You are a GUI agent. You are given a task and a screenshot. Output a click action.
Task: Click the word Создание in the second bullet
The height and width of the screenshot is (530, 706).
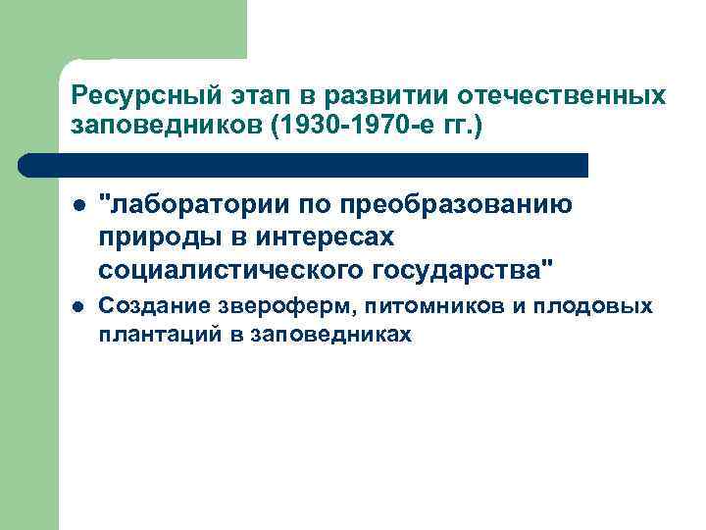[147, 306]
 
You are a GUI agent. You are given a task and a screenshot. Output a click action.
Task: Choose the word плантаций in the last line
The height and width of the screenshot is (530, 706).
[152, 334]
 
